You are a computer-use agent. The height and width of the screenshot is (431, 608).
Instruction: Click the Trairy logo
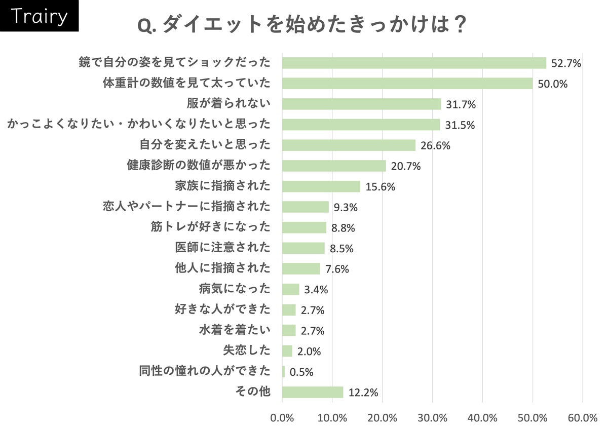pos(39,16)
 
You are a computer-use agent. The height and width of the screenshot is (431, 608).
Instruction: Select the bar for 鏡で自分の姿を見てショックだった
pos(414,63)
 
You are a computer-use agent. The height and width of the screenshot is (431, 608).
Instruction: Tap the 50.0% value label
pos(552,84)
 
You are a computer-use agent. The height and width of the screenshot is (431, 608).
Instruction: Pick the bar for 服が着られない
pos(361,104)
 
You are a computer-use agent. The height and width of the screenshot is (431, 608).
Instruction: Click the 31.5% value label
pos(460,125)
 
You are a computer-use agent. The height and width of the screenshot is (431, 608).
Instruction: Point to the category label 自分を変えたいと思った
pos(205,145)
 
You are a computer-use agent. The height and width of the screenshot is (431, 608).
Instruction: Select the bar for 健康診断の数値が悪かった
pos(334,166)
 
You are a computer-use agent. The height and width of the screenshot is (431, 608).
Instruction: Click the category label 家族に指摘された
pos(222,186)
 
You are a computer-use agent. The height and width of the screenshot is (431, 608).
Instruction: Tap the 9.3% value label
pos(345,207)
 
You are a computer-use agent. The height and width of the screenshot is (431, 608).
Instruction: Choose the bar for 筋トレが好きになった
pos(304,227)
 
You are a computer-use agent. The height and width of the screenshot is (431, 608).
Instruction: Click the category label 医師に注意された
pos(222,248)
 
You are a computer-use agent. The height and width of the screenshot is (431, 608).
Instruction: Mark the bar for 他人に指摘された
pos(301,268)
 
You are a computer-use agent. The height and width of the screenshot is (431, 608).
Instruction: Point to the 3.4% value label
pos(316,290)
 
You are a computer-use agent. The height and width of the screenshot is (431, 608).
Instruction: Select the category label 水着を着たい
pos(235,330)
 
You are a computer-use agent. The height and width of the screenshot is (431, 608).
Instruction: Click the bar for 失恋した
pos(287,351)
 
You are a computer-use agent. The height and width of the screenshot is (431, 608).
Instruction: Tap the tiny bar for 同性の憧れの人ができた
pos(284,372)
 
